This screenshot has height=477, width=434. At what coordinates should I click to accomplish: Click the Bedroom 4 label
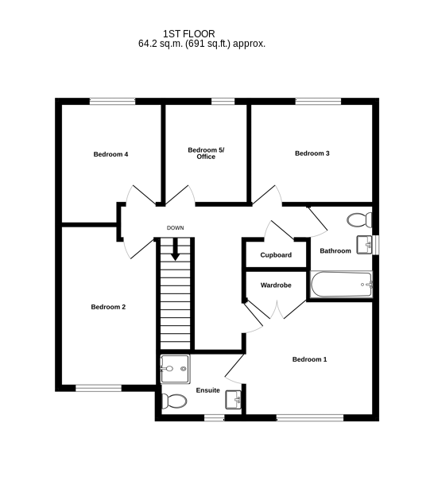click(110, 154)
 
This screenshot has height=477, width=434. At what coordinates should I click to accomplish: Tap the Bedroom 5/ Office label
click(206, 153)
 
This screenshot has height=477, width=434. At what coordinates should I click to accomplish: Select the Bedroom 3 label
click(312, 153)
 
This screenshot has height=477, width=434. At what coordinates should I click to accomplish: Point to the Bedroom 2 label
click(108, 307)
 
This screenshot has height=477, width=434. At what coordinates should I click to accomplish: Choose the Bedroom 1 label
click(310, 359)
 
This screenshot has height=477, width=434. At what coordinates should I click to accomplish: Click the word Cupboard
click(276, 255)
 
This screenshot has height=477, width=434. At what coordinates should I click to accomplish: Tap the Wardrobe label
click(276, 285)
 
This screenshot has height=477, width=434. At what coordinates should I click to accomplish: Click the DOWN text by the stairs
click(175, 228)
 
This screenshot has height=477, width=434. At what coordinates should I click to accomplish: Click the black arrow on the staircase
click(175, 250)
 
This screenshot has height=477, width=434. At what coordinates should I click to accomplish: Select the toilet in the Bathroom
click(359, 219)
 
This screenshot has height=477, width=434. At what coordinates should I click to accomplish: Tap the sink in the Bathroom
click(364, 245)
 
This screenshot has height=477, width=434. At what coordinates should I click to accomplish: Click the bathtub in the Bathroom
click(341, 285)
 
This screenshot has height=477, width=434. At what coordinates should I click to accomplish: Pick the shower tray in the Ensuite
click(176, 369)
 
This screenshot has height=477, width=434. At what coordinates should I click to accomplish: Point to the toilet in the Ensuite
click(173, 401)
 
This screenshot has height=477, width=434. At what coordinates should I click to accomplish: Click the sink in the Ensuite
click(233, 400)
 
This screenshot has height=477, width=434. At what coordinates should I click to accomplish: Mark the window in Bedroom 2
click(99, 388)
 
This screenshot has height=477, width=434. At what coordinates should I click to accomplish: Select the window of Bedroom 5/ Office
click(223, 101)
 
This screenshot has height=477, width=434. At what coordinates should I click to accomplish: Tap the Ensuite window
click(214, 418)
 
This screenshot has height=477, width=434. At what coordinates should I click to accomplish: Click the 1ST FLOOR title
click(189, 33)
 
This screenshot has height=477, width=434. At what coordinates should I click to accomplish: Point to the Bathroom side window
click(376, 245)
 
